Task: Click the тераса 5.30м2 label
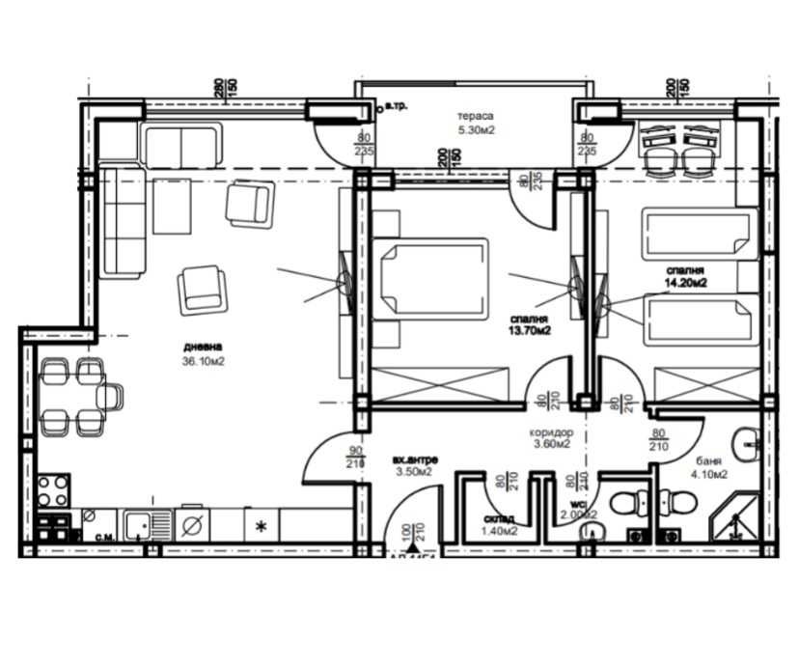476,123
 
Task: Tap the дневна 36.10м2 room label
206,354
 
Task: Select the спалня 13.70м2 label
532,323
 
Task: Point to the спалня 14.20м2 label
685,277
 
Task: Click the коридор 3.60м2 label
551,439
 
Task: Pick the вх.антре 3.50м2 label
412,465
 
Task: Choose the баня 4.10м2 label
708,467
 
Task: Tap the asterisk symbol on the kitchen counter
260,527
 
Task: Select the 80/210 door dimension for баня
659,439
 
